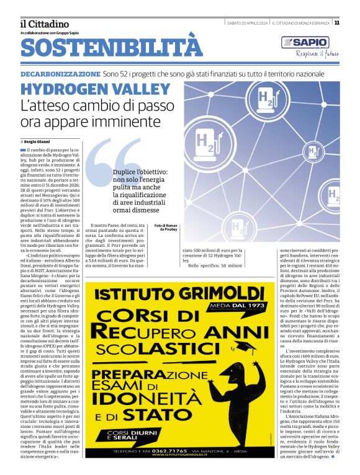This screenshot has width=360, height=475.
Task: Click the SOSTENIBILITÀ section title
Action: (112, 48)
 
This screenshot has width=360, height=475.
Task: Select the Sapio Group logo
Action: (304, 43)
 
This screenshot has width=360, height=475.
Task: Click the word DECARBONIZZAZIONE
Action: (60, 73)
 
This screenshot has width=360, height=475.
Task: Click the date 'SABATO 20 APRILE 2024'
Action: (246, 23)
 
